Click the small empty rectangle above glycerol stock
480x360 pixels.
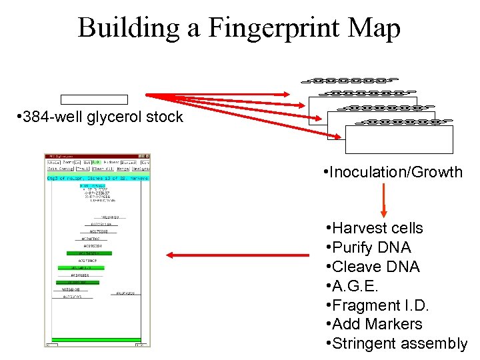point(93,100)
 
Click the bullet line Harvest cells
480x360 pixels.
point(377,228)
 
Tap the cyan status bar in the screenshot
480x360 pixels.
point(97,178)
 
